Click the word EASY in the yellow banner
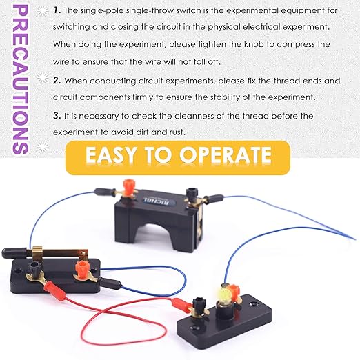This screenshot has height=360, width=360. tap(114, 154)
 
